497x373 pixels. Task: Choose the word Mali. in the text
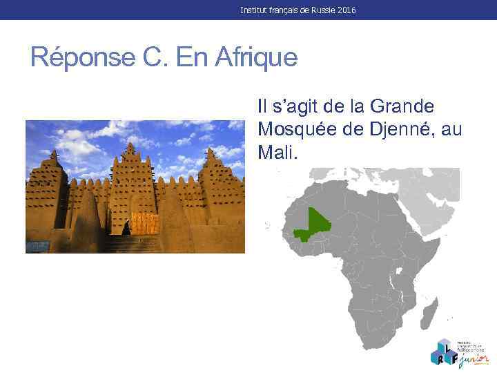point(277,151)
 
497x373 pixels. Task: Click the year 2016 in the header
point(348,10)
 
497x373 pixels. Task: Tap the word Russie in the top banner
point(322,10)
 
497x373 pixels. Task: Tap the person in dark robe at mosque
point(126,227)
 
